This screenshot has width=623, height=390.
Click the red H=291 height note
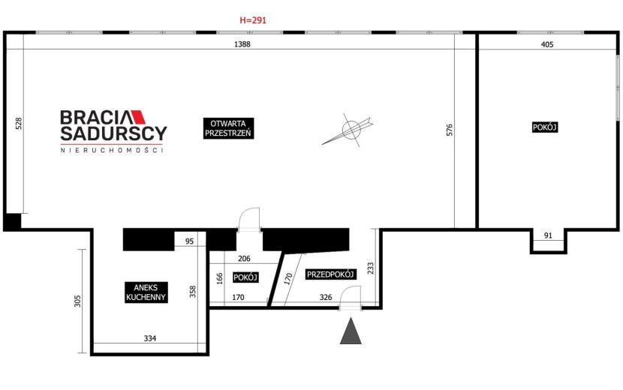(253, 19)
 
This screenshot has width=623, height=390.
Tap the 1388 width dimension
(242, 44)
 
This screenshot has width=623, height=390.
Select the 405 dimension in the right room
(547, 44)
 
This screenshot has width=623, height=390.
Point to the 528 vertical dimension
(18, 124)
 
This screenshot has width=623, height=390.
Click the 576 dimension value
(450, 130)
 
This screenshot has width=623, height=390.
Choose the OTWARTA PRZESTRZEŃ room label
(228, 128)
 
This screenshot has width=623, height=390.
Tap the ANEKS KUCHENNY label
(146, 292)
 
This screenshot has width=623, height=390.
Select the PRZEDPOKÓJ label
(330, 274)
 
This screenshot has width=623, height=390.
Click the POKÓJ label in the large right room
(545, 127)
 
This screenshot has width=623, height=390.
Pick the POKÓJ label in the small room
(245, 277)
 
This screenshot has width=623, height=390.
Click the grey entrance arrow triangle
(351, 331)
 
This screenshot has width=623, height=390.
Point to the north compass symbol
(348, 130)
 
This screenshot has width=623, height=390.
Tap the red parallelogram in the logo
(139, 117)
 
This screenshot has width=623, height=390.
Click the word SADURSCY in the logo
(113, 133)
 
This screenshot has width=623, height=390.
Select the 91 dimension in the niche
(548, 235)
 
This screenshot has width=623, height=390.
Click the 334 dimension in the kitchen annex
(150, 338)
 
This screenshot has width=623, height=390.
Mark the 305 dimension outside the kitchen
(77, 301)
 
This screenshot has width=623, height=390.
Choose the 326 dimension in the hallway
(326, 297)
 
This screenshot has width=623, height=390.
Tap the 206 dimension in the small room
(244, 259)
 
